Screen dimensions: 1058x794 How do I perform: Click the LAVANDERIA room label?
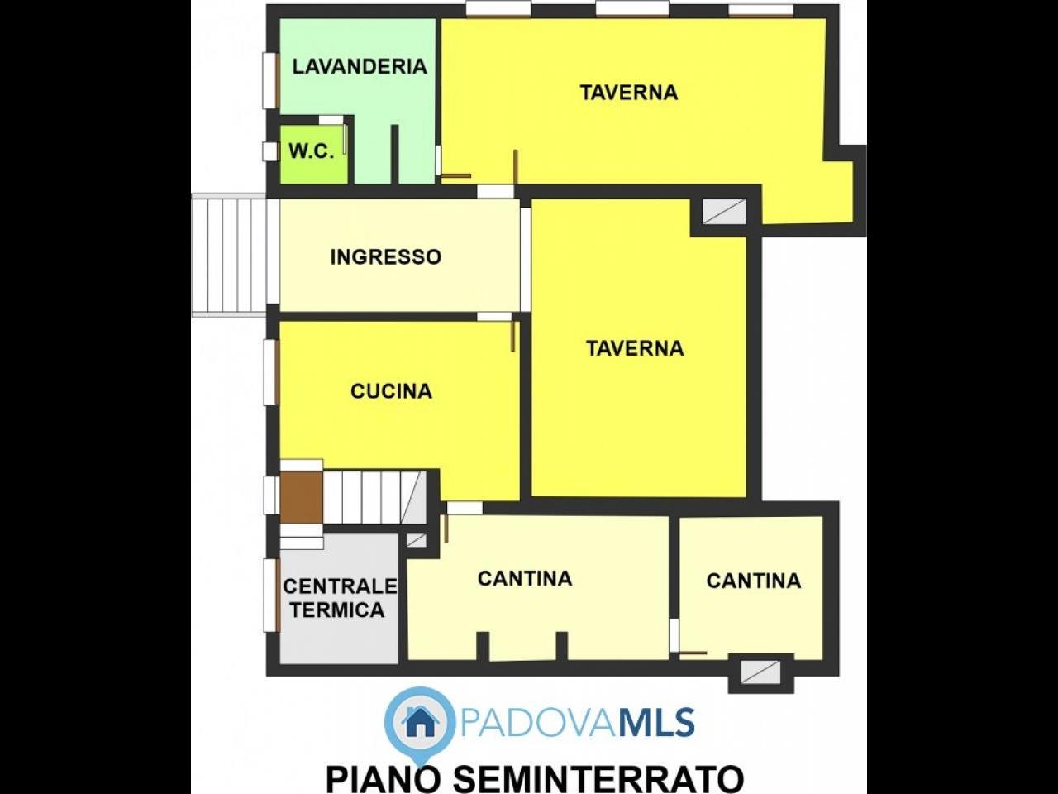point(360,66)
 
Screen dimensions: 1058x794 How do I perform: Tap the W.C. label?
point(312,151)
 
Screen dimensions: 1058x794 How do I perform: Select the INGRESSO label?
point(386,257)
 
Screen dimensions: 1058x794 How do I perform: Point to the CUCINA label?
point(391,391)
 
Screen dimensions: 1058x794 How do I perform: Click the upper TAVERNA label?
point(628,93)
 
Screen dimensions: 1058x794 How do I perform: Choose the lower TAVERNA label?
point(635,348)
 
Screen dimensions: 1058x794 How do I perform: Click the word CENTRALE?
point(340,586)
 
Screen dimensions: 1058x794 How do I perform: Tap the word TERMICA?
point(337,610)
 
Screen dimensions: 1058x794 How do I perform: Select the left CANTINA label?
point(525,578)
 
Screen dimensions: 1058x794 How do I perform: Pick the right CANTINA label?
point(754,581)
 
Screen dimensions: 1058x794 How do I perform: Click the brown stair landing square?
point(302,496)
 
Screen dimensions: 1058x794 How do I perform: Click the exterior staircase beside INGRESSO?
point(229,256)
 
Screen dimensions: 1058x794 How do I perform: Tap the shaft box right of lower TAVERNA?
point(724,211)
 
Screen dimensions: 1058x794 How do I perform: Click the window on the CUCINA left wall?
point(271,372)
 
